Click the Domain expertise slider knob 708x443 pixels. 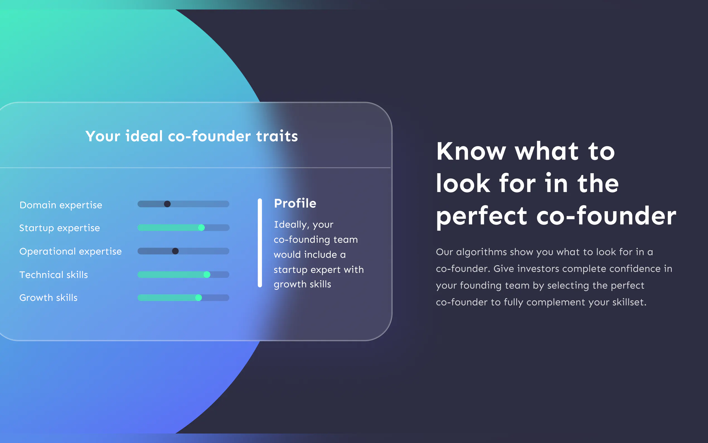[x=167, y=204]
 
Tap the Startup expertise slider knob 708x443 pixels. [x=201, y=228]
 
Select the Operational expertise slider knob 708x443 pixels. [x=175, y=251]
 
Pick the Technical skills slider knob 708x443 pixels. [x=207, y=275]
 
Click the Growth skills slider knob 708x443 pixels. [x=198, y=298]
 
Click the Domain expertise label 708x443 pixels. [x=61, y=205]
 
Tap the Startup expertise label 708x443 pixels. [x=60, y=228]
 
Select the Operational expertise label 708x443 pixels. [x=71, y=251]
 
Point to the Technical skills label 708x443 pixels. [x=54, y=275]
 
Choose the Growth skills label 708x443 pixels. [x=49, y=298]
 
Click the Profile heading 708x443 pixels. [x=295, y=203]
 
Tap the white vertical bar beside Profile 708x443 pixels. [x=260, y=243]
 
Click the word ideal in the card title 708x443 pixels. [x=144, y=136]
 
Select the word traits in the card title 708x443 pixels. [x=277, y=136]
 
